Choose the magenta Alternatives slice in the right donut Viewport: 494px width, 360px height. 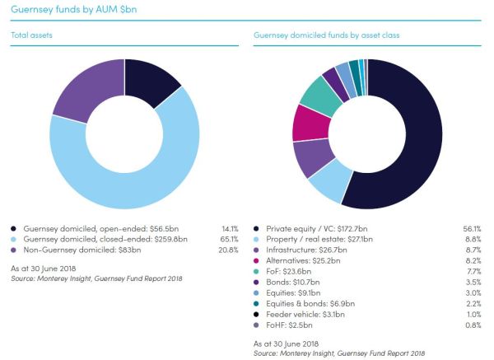[x=306, y=123]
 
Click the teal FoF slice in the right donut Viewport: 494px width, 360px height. [x=319, y=96]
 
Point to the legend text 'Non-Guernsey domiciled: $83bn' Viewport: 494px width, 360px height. [x=79, y=250]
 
